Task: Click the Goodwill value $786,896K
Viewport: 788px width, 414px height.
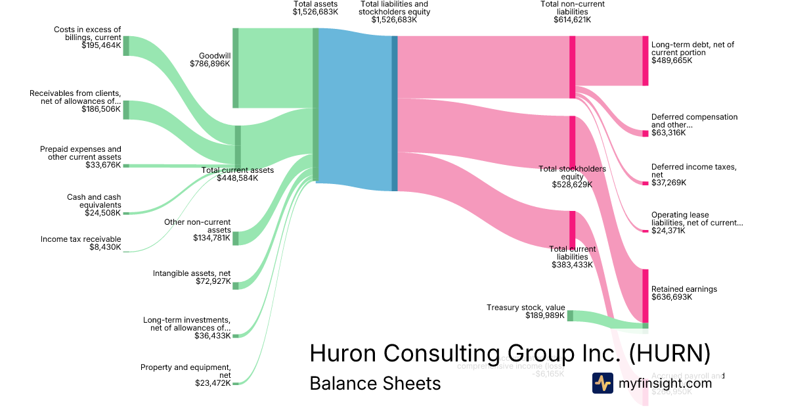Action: [x=209, y=64]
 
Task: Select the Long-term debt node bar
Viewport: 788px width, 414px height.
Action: [x=645, y=60]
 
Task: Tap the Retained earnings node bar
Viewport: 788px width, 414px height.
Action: [x=645, y=295]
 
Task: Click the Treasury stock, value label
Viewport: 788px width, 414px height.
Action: [x=525, y=307]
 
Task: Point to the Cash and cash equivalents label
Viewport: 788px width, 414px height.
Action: [x=94, y=201]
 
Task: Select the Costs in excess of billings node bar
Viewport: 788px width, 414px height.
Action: [x=126, y=46]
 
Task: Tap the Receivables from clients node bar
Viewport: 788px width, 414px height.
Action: [x=126, y=110]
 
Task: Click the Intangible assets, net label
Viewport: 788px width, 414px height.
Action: [x=192, y=273]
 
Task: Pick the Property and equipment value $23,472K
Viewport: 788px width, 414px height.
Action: [x=213, y=383]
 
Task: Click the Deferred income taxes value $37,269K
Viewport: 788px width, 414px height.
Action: [x=668, y=183]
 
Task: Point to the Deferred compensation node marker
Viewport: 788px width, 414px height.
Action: [x=645, y=133]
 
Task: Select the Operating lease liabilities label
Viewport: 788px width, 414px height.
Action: [x=697, y=219]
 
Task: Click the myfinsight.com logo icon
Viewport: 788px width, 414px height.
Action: [x=603, y=383]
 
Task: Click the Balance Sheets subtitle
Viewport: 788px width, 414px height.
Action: [x=375, y=383]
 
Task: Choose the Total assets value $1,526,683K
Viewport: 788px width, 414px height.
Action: [x=316, y=12]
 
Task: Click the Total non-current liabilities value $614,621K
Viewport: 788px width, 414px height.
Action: [x=572, y=20]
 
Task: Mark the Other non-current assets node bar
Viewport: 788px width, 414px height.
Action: [x=236, y=238]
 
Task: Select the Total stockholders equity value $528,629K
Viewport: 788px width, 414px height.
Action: [x=572, y=185]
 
